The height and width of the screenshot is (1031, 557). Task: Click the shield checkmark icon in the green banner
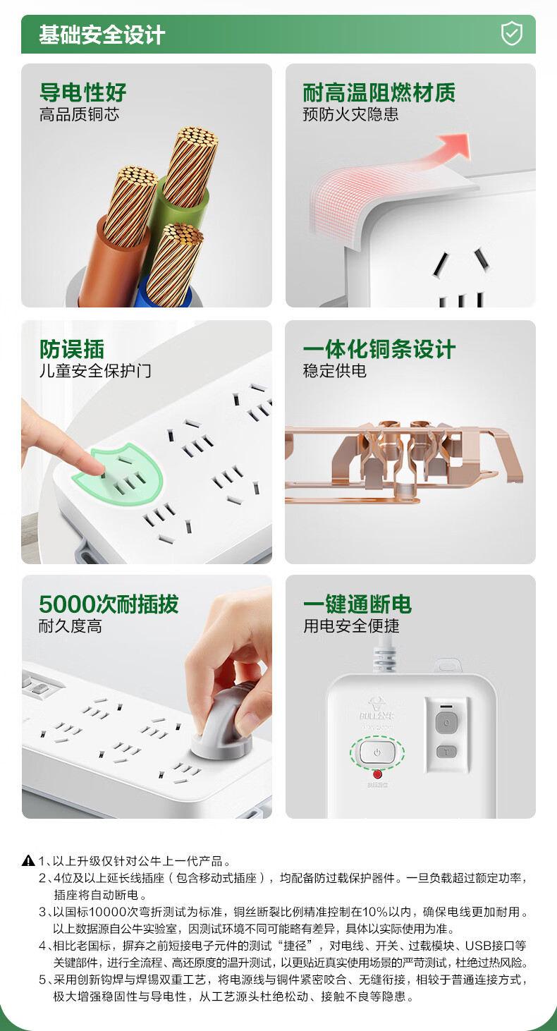(x=511, y=34)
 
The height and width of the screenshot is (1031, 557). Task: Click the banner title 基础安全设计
(x=102, y=35)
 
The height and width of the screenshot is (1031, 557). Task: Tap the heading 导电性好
(x=83, y=92)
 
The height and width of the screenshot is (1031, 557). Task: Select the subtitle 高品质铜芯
(x=79, y=114)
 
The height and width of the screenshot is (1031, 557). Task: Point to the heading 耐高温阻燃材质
(x=379, y=92)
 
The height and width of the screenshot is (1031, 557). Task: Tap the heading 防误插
(x=72, y=349)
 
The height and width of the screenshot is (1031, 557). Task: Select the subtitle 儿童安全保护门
(x=95, y=370)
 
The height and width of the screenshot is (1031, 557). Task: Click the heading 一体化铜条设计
(x=379, y=349)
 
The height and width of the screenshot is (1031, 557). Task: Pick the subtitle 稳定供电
(x=335, y=370)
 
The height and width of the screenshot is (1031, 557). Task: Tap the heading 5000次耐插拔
(x=109, y=604)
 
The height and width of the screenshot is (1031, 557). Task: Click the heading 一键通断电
(x=357, y=604)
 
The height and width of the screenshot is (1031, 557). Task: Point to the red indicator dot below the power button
(x=377, y=774)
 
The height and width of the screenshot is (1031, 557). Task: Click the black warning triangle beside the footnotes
(x=28, y=860)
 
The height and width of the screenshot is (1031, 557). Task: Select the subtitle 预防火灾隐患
(x=351, y=114)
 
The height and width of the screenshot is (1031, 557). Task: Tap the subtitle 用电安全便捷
(x=351, y=626)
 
